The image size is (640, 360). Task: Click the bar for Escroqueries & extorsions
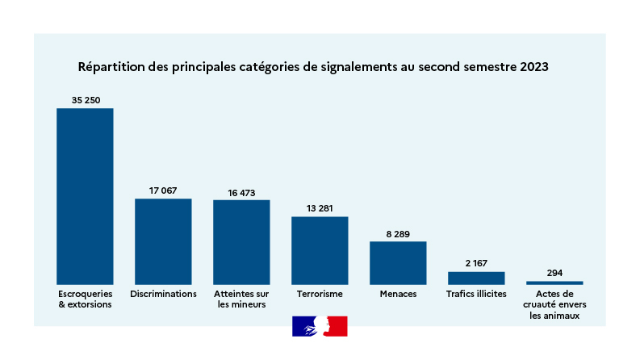[x=85, y=196]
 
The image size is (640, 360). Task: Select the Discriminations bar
[x=163, y=241]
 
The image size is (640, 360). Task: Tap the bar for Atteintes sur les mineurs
[x=241, y=242]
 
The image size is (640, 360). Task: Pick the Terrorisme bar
[x=320, y=250]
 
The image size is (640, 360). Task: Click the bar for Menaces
[x=398, y=262]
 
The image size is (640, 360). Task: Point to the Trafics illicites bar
[x=476, y=278]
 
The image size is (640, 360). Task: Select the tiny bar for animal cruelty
[x=554, y=283]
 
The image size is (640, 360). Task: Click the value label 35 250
[x=85, y=100]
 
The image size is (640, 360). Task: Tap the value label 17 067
[x=163, y=190]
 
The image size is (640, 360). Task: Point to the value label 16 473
[x=241, y=192]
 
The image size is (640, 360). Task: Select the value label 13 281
[x=320, y=208]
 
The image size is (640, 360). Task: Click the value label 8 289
[x=398, y=233]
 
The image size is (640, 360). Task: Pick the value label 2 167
[x=476, y=263]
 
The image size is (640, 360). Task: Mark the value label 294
[x=554, y=273]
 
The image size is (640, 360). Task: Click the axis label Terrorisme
[x=320, y=294]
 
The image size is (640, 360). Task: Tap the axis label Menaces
[x=398, y=294]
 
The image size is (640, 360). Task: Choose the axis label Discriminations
[x=163, y=294]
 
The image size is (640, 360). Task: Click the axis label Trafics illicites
[x=476, y=294]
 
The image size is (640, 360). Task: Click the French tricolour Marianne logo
[x=320, y=326]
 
